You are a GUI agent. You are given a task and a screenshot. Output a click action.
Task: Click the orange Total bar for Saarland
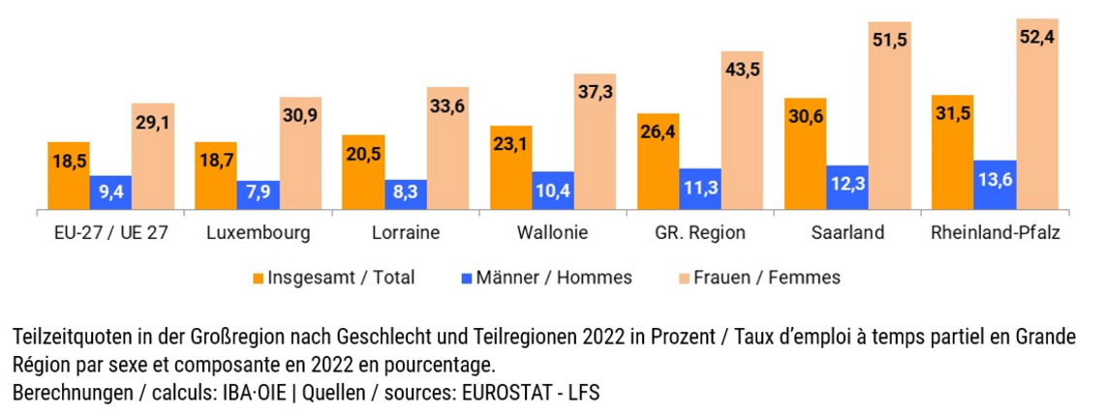pyautogui.click(x=805, y=155)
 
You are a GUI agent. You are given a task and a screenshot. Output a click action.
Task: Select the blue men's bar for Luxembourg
pyautogui.click(x=259, y=194)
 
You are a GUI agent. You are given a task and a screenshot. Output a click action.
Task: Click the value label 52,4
pyautogui.click(x=1037, y=38)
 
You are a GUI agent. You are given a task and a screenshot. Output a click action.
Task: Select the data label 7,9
pyautogui.click(x=259, y=193)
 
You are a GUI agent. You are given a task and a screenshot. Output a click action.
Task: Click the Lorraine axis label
pyautogui.click(x=406, y=233)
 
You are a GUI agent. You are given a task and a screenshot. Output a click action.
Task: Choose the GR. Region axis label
pyautogui.click(x=700, y=233)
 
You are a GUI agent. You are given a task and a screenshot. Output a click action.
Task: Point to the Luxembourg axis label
pyautogui.click(x=259, y=233)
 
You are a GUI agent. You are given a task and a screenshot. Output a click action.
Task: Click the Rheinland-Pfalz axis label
pyautogui.click(x=995, y=233)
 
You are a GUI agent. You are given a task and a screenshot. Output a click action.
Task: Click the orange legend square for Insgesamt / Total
pyautogui.click(x=258, y=279)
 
